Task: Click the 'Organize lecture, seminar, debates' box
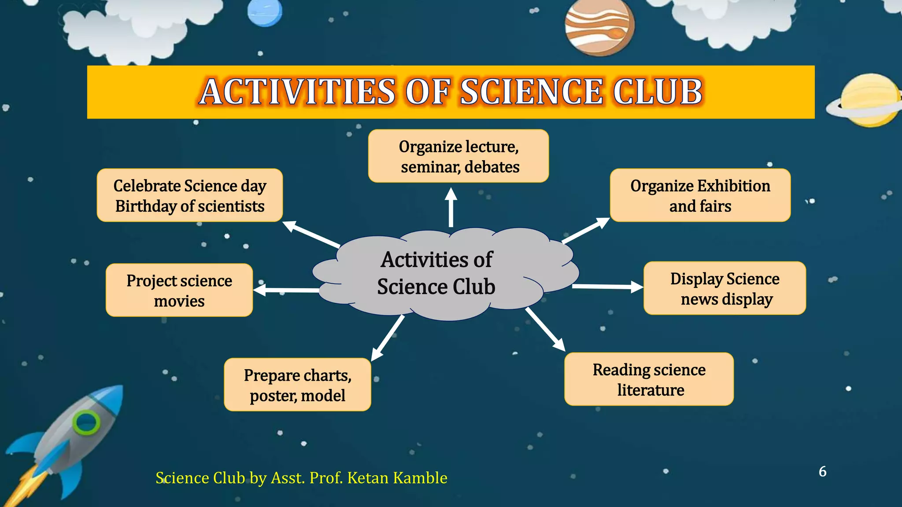(x=458, y=156)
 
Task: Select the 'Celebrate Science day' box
(x=189, y=195)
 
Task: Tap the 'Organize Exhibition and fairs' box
(x=700, y=195)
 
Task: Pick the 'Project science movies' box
(x=179, y=290)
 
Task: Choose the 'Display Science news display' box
(x=725, y=288)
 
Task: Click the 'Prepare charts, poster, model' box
(x=297, y=385)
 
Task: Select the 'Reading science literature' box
(x=649, y=379)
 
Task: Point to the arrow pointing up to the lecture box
(x=451, y=207)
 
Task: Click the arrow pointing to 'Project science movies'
(x=286, y=290)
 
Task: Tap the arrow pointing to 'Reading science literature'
(x=545, y=329)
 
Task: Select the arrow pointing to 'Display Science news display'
(x=608, y=287)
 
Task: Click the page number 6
(x=822, y=471)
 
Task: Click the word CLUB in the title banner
(x=657, y=92)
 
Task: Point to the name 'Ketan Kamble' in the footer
(x=397, y=478)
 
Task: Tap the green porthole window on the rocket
(x=87, y=422)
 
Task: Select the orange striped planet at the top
(x=600, y=27)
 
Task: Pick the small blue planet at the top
(x=264, y=12)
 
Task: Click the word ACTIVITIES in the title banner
(x=298, y=92)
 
